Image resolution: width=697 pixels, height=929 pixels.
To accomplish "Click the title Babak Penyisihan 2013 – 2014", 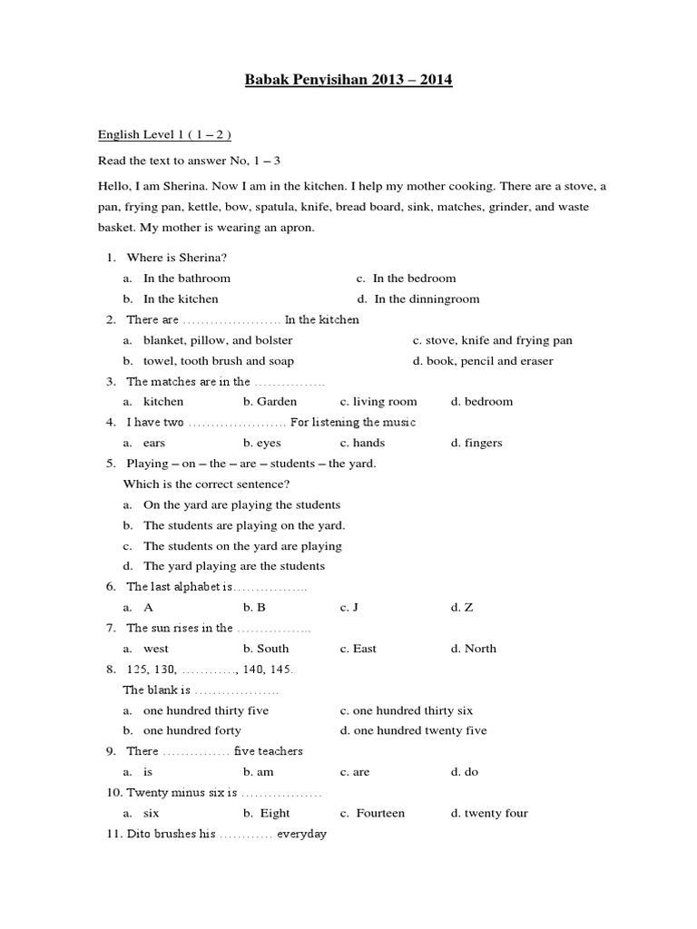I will tap(348, 81).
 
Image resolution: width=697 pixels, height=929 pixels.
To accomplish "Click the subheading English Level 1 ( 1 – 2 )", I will tap(165, 135).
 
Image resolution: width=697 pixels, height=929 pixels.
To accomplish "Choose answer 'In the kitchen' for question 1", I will tap(181, 298).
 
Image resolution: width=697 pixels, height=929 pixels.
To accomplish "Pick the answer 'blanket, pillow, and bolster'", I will tap(218, 340).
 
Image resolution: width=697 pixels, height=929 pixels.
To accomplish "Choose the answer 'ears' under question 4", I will tap(154, 443).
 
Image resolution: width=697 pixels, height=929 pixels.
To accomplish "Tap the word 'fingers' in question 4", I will tap(483, 443).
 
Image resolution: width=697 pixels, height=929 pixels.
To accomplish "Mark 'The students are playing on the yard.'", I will tap(244, 525).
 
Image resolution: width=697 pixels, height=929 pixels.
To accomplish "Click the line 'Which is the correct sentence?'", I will tap(206, 484).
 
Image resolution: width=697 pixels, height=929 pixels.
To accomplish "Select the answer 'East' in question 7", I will tap(364, 649).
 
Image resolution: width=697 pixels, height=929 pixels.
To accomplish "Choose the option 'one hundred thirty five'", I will tap(206, 710).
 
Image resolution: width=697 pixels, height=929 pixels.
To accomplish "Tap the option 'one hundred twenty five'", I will tap(419, 730).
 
